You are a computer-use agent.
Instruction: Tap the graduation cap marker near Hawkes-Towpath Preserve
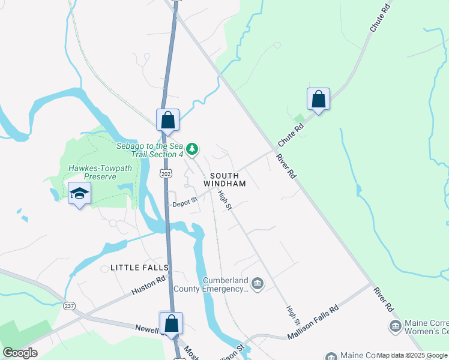pyautogui.click(x=79, y=193)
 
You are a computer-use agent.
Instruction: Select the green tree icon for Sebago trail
pyautogui.click(x=192, y=148)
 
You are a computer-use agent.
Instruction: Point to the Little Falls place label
pyautogui.click(x=139, y=267)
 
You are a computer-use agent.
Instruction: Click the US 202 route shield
pyautogui.click(x=166, y=173)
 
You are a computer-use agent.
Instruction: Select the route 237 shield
pyautogui.click(x=70, y=305)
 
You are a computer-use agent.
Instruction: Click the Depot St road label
pyautogui.click(x=185, y=203)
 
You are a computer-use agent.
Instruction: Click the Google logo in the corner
pyautogui.click(x=20, y=353)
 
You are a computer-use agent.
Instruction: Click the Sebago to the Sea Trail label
pyautogui.click(x=149, y=150)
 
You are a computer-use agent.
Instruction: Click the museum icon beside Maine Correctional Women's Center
pyautogui.click(x=395, y=326)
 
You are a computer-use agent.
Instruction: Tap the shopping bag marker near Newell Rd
pyautogui.click(x=171, y=323)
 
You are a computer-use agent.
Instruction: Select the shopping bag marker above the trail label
pyautogui.click(x=167, y=120)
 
